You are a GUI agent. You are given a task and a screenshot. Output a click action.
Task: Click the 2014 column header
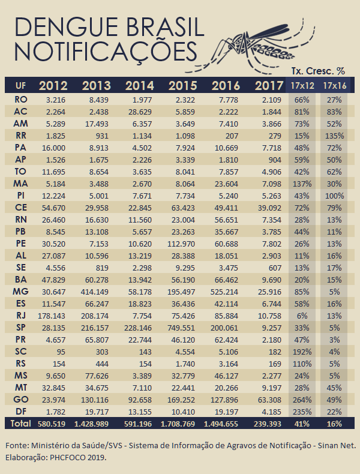coord(140,86)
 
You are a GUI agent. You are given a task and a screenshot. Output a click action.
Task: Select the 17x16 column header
coord(335,86)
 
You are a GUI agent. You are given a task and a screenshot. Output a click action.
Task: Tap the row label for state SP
coord(20,328)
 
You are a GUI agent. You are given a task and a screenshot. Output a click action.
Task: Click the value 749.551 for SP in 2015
coord(181,328)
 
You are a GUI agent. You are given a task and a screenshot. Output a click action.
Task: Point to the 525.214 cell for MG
coord(224,292)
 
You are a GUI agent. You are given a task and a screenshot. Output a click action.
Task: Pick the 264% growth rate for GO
coord(302,400)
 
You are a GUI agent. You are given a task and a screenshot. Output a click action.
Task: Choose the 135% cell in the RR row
coord(334,136)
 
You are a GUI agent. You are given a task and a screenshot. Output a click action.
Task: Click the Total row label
coord(20,424)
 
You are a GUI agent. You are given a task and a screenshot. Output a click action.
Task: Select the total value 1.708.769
coord(178,424)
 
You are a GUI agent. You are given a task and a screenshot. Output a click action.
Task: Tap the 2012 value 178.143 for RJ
coord(52,316)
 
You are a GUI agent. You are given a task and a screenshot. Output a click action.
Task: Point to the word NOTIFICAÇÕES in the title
coord(106,52)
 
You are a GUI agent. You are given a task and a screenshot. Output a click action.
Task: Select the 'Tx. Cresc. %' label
coord(318,71)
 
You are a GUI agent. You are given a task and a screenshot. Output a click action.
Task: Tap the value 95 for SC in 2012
coord(61,352)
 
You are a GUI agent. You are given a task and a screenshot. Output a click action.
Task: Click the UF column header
coord(20,86)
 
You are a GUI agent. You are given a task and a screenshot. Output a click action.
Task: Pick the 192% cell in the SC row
coord(302,352)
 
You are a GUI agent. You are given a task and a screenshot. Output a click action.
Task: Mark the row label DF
coord(20,412)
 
